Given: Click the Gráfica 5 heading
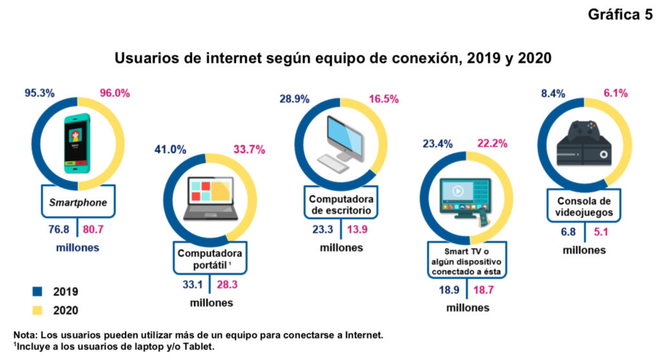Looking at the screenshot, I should [620, 16].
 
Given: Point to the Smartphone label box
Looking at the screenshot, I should [78, 202].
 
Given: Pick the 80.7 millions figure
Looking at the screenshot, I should [92, 231].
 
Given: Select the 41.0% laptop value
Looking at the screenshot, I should [170, 150].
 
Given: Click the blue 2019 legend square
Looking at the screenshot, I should [36, 292].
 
